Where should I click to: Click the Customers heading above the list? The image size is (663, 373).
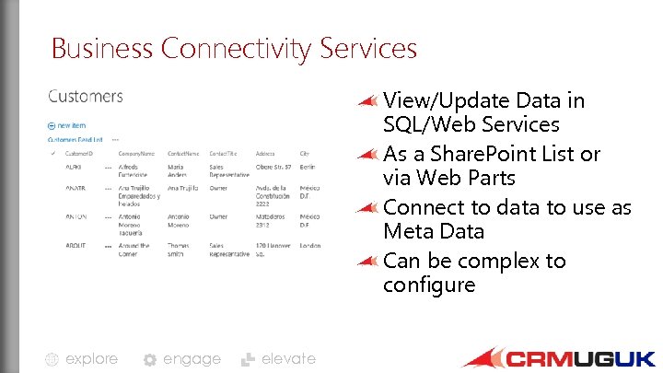[x=85, y=96]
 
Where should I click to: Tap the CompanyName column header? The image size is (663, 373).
[x=135, y=153]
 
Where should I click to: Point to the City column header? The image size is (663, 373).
[x=304, y=153]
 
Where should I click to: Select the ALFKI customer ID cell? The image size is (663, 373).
[x=75, y=167]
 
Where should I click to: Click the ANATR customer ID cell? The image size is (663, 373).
[x=76, y=188]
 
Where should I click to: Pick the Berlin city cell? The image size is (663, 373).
[x=308, y=167]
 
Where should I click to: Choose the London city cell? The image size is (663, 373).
[x=310, y=246]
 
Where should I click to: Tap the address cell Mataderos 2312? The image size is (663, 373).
[x=270, y=220]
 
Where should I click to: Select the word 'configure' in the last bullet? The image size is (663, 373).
[x=429, y=285]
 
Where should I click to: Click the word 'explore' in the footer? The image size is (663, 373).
[x=91, y=359]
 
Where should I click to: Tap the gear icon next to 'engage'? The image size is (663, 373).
[x=150, y=360]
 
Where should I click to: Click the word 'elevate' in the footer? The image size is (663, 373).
[x=288, y=359]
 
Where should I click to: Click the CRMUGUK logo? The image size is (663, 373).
[x=560, y=357]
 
